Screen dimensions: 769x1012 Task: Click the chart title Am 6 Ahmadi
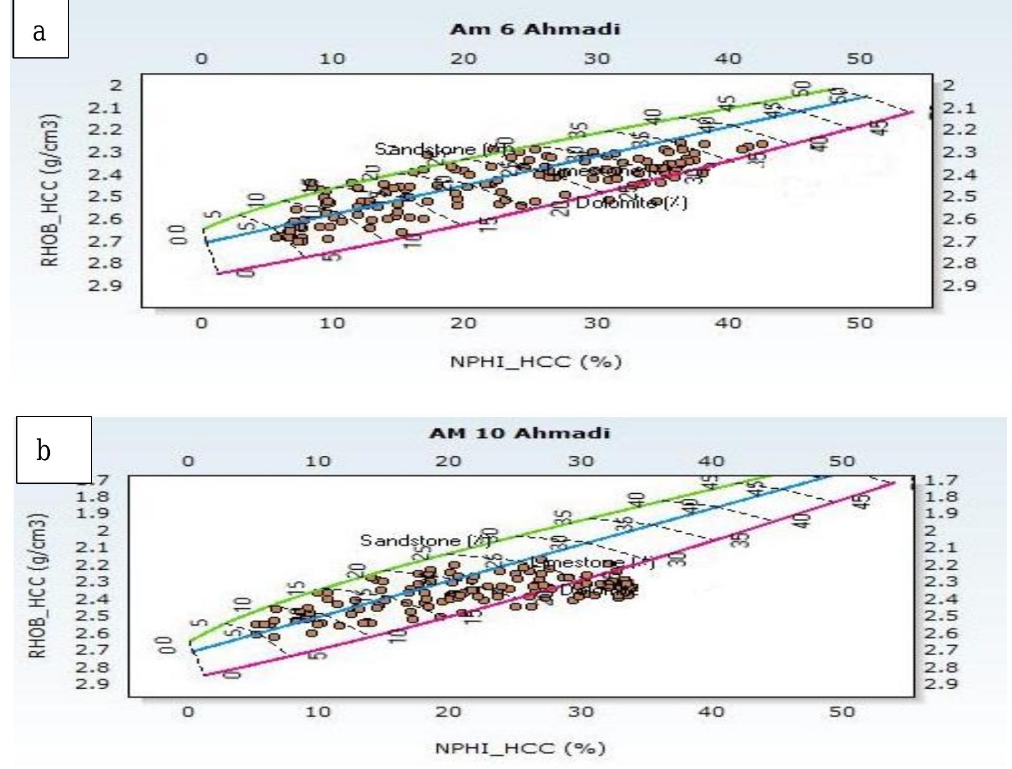click(x=535, y=29)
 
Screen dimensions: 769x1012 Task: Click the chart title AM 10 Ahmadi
click(x=519, y=433)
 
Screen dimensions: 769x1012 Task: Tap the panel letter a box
click(x=40, y=30)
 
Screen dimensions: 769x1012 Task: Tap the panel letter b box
click(x=54, y=450)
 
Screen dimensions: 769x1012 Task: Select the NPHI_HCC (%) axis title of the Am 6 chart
click(x=536, y=362)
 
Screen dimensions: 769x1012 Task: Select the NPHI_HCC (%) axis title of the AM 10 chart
click(x=520, y=748)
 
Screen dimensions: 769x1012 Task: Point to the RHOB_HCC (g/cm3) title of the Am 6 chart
click(x=51, y=191)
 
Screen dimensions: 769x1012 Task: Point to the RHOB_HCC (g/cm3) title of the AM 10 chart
click(x=38, y=586)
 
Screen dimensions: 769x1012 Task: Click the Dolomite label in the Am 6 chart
click(x=631, y=203)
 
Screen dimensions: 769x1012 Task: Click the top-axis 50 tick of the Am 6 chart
click(x=859, y=59)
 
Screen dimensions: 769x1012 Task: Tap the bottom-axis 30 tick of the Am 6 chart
click(x=597, y=323)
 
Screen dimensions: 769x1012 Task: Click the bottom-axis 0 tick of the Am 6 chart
click(x=201, y=323)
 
